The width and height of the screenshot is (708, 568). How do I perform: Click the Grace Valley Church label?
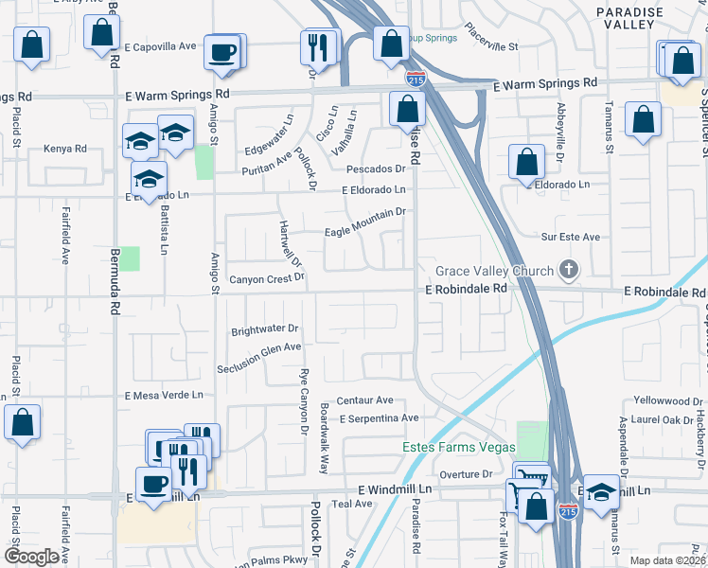(x=494, y=272)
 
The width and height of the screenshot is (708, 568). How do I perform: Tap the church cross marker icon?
(x=568, y=272)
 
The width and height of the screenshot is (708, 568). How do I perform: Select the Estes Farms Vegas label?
(x=458, y=447)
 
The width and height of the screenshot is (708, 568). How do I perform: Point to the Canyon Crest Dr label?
(x=267, y=279)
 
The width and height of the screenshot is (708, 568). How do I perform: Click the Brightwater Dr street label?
(x=265, y=330)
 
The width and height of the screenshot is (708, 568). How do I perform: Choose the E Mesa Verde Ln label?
(x=165, y=395)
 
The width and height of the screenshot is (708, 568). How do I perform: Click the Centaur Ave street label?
(x=365, y=400)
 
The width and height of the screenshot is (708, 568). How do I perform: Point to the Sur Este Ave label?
(x=571, y=237)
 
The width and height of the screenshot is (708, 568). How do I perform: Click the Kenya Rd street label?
(x=65, y=149)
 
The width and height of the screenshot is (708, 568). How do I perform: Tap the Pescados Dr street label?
(x=376, y=169)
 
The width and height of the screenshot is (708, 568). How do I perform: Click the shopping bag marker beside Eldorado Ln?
(x=526, y=163)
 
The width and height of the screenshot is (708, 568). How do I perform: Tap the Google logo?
(x=31, y=557)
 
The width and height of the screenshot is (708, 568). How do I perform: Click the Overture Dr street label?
(x=467, y=473)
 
